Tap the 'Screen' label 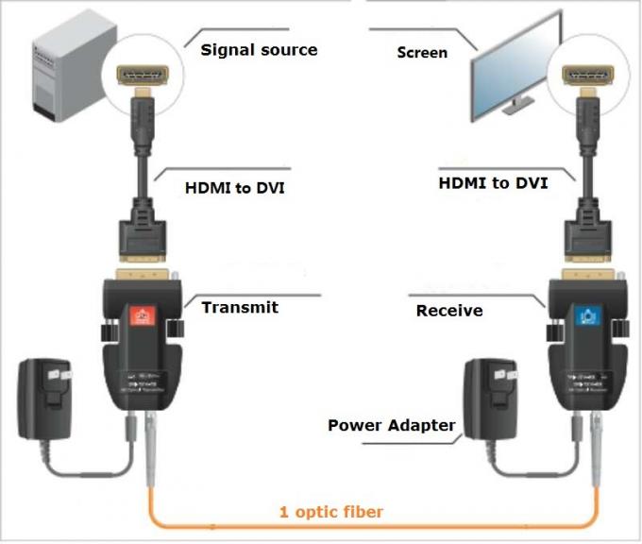421,53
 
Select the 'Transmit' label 239,307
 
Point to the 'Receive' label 449,310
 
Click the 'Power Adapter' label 391,425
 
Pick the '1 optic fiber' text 331,513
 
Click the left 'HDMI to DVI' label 233,188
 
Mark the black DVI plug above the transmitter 143,237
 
